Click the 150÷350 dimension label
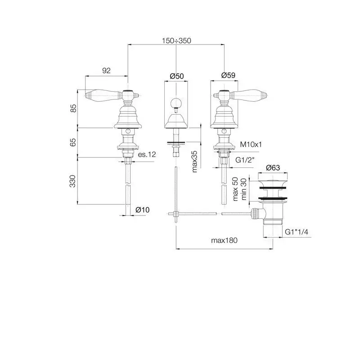click(x=176, y=40)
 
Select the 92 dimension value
click(x=106, y=71)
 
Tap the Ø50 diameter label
click(x=177, y=76)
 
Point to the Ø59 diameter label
click(x=228, y=75)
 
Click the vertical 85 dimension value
click(x=73, y=108)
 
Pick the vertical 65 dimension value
click(x=73, y=142)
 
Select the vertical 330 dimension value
click(x=72, y=181)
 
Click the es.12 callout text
click(x=147, y=154)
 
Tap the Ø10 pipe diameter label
click(x=142, y=210)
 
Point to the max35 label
click(x=195, y=162)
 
